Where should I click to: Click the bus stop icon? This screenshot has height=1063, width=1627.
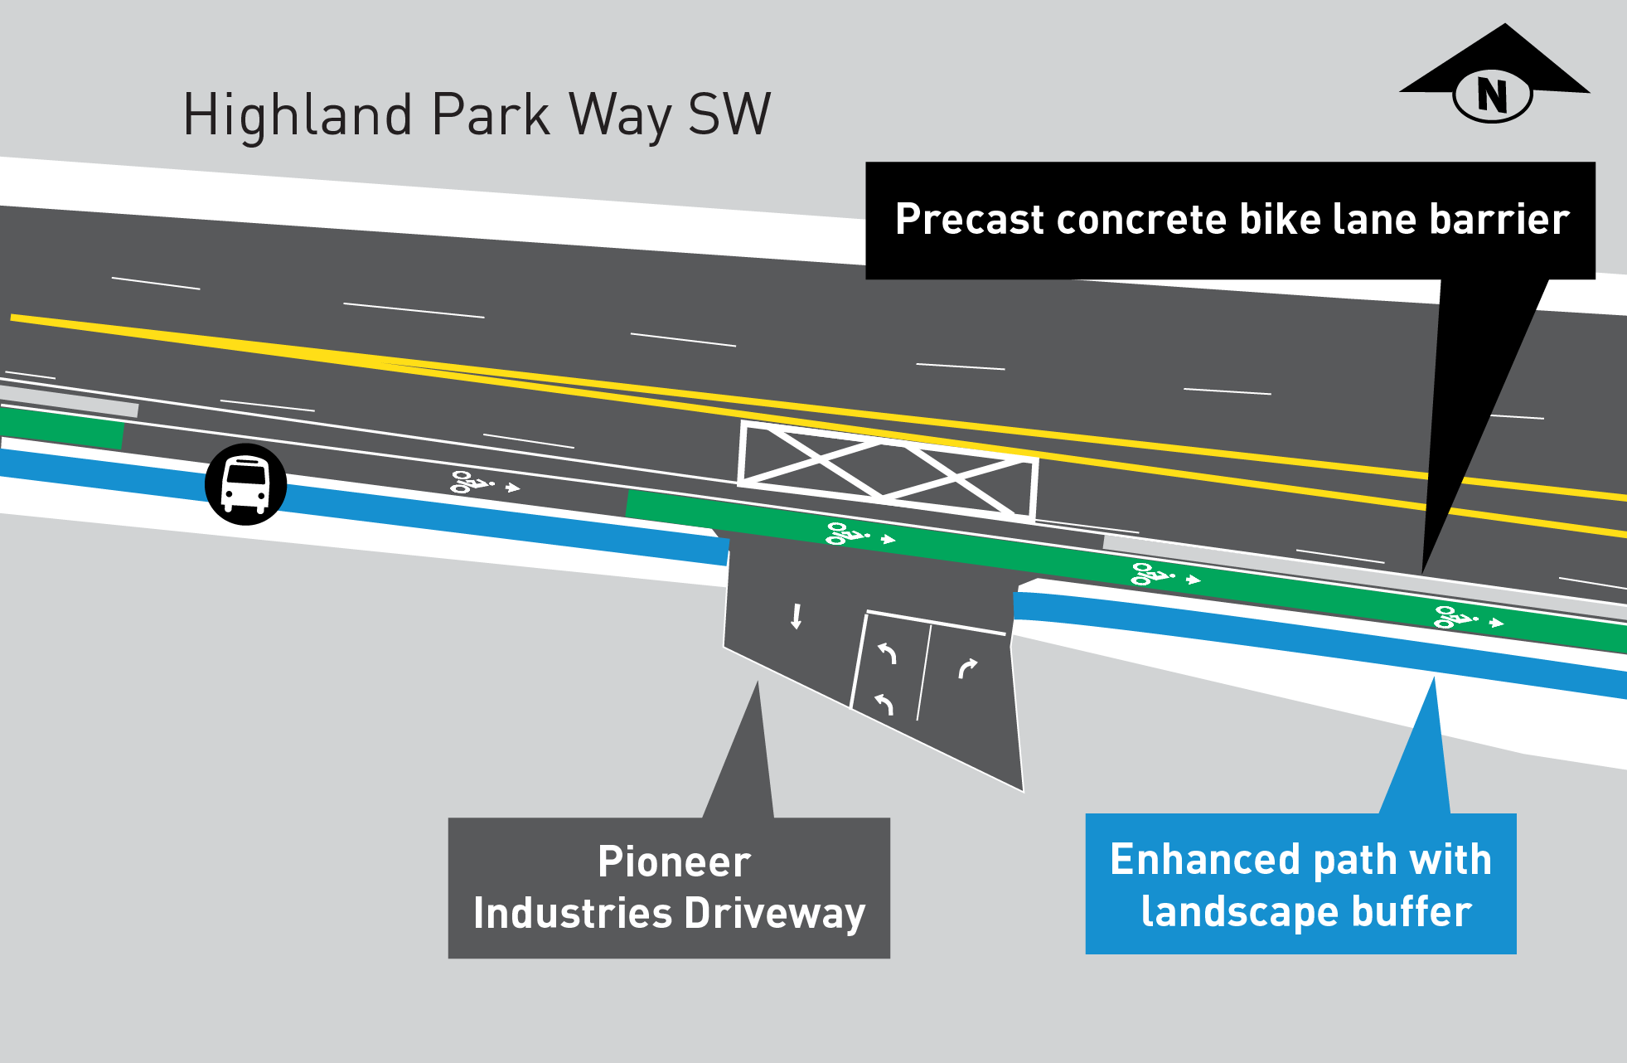pyautogui.click(x=245, y=484)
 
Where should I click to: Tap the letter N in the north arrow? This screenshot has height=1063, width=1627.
pyautogui.click(x=1492, y=95)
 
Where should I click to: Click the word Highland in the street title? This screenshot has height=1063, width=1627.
pyautogui.click(x=297, y=115)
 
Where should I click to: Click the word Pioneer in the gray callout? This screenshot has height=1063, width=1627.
pyautogui.click(x=674, y=862)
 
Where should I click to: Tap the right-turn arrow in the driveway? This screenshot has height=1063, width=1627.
pyautogui.click(x=967, y=667)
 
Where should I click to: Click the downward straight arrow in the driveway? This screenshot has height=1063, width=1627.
pyautogui.click(x=796, y=616)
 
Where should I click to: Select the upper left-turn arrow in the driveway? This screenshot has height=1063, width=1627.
pyautogui.click(x=888, y=653)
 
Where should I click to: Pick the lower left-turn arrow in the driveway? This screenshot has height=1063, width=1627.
pyautogui.click(x=884, y=704)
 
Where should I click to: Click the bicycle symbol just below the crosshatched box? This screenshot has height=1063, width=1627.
pyautogui.click(x=846, y=533)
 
